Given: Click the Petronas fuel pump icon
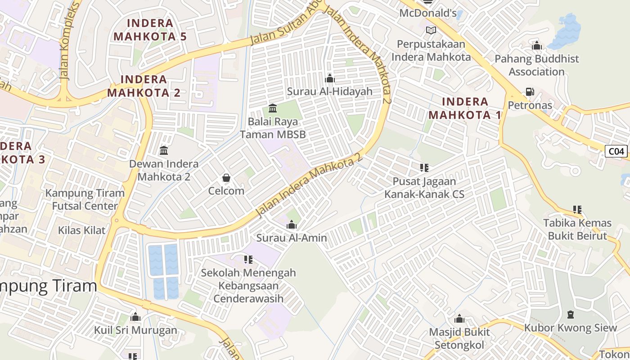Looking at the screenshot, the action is (530, 92).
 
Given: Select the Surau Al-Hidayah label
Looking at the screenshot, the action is (330, 91).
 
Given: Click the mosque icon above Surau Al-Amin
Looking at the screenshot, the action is (292, 224).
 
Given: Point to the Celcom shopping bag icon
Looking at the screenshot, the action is (226, 178).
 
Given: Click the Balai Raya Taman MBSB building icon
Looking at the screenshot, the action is (272, 108).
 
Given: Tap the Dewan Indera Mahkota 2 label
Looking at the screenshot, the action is (164, 170).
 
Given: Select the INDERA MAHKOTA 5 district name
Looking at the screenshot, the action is (150, 30).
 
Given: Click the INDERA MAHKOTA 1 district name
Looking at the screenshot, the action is (464, 108).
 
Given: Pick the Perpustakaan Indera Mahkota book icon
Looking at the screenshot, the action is (431, 31).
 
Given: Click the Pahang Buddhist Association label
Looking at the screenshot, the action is (536, 65).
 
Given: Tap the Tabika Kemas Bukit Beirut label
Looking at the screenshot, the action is (577, 229).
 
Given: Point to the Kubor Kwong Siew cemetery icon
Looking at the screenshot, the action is (571, 314).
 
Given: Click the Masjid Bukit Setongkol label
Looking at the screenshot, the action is (459, 338).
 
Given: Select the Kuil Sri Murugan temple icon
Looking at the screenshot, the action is (135, 317).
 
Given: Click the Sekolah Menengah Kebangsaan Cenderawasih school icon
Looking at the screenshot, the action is (248, 259).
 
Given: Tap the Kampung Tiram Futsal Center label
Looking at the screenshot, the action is (85, 199).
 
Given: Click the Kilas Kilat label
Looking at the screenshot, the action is (82, 230).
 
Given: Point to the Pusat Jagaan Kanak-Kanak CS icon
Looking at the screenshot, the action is (424, 168).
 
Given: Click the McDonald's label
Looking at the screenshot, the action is (428, 13).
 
